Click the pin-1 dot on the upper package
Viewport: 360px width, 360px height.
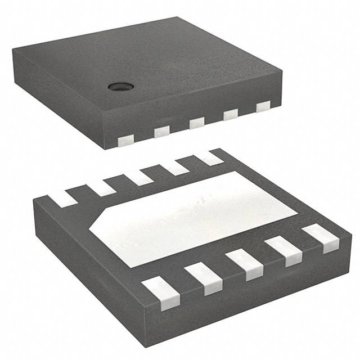(120, 86)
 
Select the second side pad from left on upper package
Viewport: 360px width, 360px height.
(161, 131)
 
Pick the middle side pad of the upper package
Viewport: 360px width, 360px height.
(196, 123)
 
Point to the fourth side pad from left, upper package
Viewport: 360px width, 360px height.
(231, 115)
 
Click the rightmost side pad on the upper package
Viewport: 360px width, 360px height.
(263, 107)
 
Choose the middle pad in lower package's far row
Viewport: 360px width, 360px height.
(139, 177)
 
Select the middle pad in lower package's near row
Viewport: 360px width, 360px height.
(245, 265)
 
